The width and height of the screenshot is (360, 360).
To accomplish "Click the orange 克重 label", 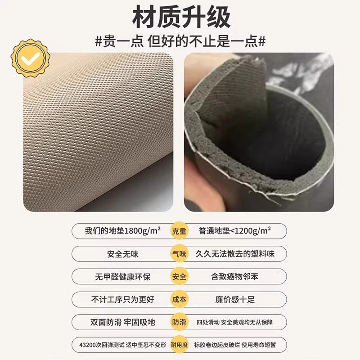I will pos(179,230).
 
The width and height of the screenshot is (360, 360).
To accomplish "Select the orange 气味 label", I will pos(179,253).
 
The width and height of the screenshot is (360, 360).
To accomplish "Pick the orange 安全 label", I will pos(179,276).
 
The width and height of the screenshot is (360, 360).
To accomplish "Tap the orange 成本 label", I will pos(179,299).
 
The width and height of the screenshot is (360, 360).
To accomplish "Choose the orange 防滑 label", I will pos(179,322).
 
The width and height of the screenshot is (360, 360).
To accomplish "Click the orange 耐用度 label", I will pos(179,345).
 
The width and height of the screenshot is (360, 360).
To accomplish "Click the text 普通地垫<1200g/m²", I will pos(235,230).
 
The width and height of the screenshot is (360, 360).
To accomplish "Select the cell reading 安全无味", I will pos(123,254).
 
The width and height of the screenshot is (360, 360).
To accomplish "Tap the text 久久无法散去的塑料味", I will pos(235,254).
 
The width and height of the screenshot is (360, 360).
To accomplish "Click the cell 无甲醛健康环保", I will pos(123,277).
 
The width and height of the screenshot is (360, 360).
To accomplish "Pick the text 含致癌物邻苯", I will pos(235,277).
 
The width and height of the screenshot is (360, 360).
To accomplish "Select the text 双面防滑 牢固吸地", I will pos(123,323).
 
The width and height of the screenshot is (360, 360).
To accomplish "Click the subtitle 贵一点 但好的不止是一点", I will pos(180,41).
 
